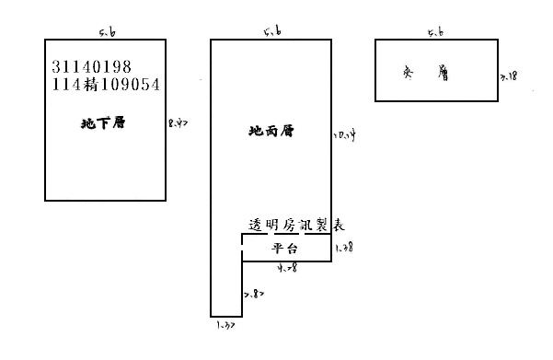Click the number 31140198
(95, 67)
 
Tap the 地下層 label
(102, 122)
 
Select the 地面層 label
(271, 131)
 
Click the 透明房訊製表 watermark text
(297, 226)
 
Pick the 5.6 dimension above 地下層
(107, 33)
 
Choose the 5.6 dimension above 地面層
(271, 33)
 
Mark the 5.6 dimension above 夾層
(436, 33)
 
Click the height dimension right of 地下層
(179, 122)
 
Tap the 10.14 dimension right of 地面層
(344, 135)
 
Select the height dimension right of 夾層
(509, 76)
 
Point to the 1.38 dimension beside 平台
(344, 248)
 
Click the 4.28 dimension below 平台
(287, 269)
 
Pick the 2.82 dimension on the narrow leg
(254, 294)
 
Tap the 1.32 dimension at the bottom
(226, 325)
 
